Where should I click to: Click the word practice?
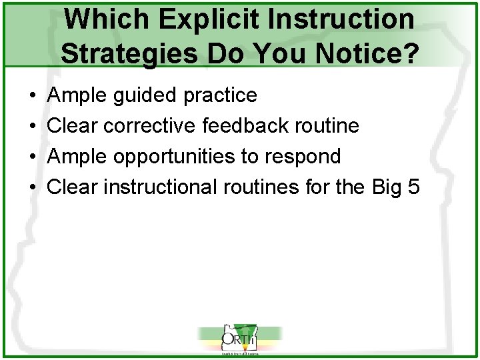click(x=219, y=96)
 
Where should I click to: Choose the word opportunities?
click(x=176, y=157)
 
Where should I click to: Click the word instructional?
click(x=161, y=187)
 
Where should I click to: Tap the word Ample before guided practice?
click(x=77, y=96)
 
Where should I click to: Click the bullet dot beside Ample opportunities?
click(x=33, y=157)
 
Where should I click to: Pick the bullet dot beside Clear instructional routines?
click(x=33, y=187)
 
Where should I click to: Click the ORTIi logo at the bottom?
click(x=239, y=339)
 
